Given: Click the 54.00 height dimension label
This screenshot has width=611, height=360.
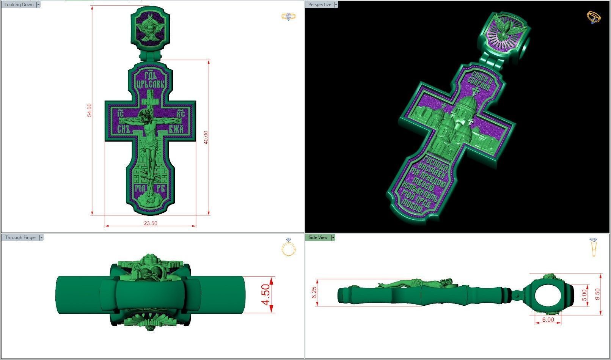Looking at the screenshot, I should pos(90,110).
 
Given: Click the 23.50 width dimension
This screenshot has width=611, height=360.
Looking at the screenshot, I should pos(150,223).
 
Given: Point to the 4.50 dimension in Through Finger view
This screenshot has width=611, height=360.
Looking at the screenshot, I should pos(265,294).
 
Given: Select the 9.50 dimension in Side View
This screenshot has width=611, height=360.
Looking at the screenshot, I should pos(597,294).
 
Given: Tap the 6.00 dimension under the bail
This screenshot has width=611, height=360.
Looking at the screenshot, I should pos(548,319).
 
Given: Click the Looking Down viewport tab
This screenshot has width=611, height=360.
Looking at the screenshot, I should pos(19,5).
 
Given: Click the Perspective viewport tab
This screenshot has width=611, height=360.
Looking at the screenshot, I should pos(319,5).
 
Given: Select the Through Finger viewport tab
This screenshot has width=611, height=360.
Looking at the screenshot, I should pos(20,237).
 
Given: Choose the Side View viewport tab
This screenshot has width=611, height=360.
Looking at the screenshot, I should pos(318,237).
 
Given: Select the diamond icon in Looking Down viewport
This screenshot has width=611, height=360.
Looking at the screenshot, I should pos(289,17).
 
